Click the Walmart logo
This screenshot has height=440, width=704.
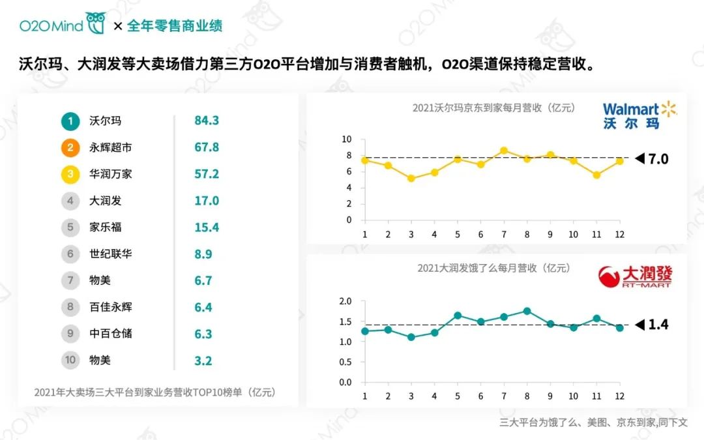639,115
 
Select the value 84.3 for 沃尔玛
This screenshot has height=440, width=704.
207,121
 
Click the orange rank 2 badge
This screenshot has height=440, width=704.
70,147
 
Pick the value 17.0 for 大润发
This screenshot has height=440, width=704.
207,201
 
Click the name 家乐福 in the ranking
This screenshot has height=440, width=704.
105,227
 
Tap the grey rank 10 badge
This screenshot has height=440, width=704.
70,360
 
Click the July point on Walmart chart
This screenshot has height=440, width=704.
504,151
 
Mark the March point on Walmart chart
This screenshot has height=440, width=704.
411,178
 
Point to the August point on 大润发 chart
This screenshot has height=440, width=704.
527,311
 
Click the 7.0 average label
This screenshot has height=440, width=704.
657,158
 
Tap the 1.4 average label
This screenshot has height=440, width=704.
657,324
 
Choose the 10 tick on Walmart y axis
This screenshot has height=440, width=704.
346,139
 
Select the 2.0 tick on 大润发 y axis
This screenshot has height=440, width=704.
345,301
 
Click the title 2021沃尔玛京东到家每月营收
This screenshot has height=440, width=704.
493,108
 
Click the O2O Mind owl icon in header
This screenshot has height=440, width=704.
96,24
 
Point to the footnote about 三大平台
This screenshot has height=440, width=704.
593,422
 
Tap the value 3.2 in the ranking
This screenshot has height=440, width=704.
203,360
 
